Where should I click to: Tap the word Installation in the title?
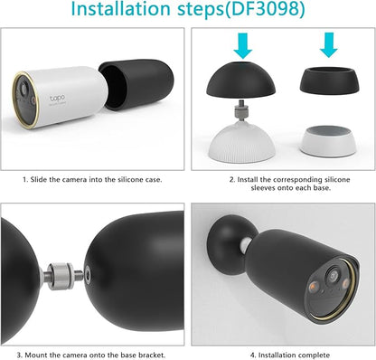pos(121,9)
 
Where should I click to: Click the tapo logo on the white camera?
pos(57,99)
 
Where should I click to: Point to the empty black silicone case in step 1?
pos(136,85)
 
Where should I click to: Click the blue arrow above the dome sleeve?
pos(243,45)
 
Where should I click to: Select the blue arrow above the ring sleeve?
pos(328,45)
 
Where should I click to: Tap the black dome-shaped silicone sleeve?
pos(240,80)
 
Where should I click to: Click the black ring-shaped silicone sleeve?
pos(329,80)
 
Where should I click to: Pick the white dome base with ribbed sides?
pos(240,142)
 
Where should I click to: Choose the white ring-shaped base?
pos(329,141)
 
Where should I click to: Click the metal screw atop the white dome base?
pos(240,109)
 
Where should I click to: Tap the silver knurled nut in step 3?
pos(61,276)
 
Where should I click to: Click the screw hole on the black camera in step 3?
pos(88,275)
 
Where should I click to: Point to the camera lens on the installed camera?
pos(334,277)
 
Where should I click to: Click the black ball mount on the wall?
pos(230,245)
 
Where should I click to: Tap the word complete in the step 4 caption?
pos(315,355)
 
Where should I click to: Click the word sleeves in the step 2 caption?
pos(262,188)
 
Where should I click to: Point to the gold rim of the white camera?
pos(24,99)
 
